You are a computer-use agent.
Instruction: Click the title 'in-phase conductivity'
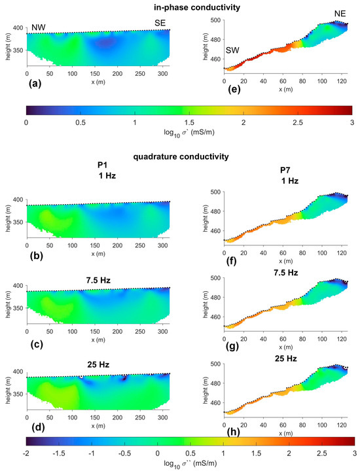click(181, 7)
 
